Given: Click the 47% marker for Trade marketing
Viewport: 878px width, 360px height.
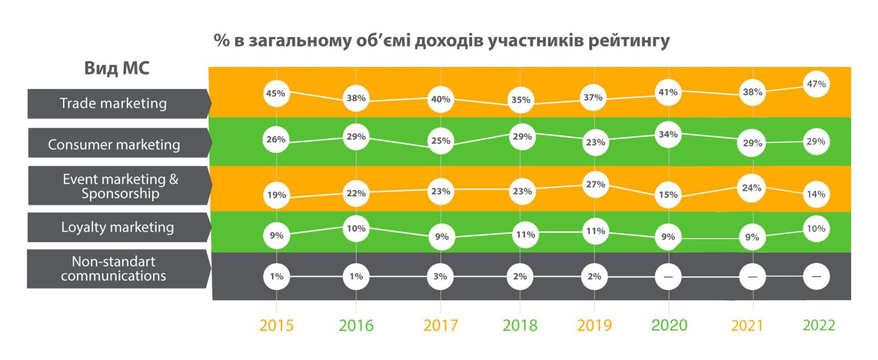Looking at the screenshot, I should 816,84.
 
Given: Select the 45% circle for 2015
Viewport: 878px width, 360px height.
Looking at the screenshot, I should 275,93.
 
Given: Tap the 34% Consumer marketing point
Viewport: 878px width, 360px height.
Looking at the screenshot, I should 668,134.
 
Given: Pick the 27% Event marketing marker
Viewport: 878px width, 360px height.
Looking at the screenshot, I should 595,184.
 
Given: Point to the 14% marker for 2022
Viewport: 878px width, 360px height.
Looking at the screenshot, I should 816,194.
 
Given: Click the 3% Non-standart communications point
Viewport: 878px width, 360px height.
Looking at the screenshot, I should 440,277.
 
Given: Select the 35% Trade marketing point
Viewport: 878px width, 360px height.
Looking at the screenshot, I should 521,100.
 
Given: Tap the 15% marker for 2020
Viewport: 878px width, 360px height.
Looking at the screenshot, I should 668,194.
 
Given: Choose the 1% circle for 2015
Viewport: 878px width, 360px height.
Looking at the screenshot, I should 276,277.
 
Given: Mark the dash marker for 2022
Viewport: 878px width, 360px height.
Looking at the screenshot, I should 816,277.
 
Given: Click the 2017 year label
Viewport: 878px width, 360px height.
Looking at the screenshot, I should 440,325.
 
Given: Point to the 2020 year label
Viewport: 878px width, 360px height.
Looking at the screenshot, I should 669,325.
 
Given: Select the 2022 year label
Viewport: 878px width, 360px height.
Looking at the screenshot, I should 818,325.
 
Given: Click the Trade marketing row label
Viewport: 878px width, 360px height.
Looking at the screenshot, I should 114,103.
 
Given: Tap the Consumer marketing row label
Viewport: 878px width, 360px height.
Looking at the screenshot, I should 114,144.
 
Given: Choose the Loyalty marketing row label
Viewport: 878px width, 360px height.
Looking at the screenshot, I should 117,227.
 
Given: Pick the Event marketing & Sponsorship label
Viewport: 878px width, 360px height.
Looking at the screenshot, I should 120,186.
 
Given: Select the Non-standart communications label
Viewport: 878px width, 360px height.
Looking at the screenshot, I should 114,269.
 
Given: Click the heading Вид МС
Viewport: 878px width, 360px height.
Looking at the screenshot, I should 116,68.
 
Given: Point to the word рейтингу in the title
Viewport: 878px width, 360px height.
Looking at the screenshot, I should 629,41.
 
